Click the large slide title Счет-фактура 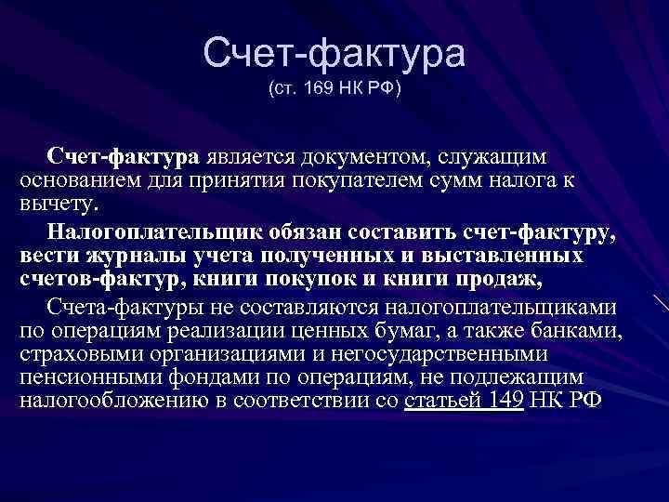[334, 54]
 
